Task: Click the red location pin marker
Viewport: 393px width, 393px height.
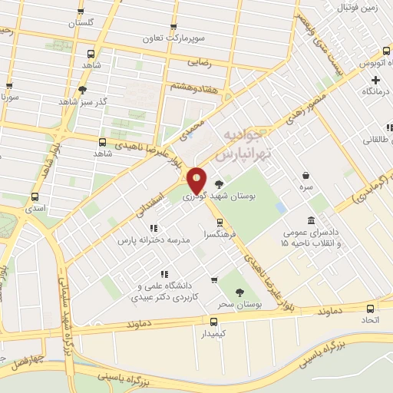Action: coord(197,180)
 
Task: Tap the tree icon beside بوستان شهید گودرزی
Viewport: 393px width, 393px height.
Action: coord(220,184)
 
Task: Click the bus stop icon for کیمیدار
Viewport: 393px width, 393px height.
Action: coord(214,321)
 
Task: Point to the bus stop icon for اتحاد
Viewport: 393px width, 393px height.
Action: coord(371,308)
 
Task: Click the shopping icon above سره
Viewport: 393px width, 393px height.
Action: coord(306,175)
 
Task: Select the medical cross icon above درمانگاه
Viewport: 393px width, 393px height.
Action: coord(375,80)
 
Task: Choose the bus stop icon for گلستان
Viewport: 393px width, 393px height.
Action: coord(81,12)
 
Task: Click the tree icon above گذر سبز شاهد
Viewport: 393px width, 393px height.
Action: coord(82,89)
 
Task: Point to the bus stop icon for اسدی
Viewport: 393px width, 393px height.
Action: coord(35,196)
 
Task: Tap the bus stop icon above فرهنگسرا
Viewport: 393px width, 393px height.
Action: coord(220,223)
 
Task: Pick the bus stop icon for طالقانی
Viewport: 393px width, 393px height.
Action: coord(389,127)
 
